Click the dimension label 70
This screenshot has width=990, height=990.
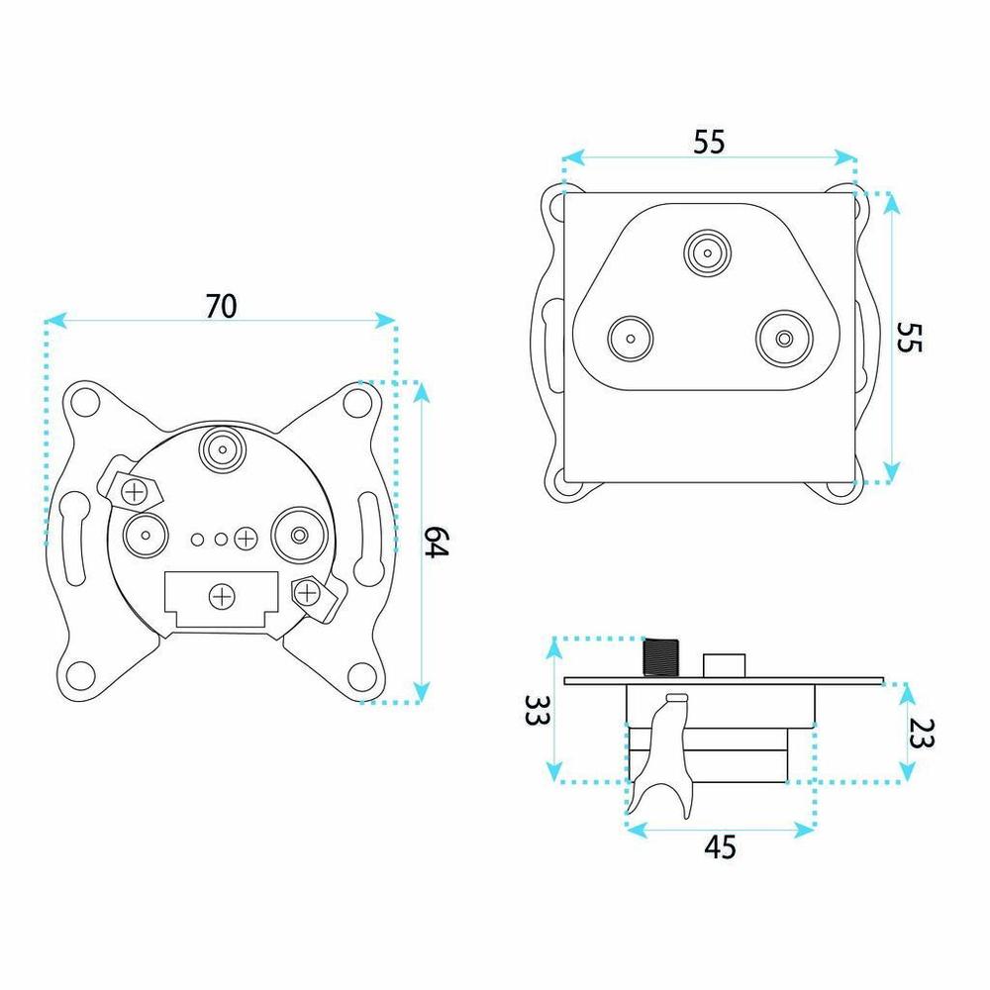(x=221, y=306)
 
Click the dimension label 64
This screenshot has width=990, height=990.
(x=435, y=542)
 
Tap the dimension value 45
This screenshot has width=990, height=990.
(x=720, y=847)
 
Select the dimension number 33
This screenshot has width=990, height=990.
(x=537, y=710)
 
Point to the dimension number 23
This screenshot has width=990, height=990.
(x=920, y=733)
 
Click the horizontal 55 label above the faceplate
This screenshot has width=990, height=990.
(x=709, y=142)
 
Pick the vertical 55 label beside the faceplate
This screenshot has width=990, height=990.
(x=909, y=338)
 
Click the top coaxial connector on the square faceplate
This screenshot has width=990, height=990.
(x=707, y=253)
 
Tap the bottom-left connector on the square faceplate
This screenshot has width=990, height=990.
(x=630, y=339)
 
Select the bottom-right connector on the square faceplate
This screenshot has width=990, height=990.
(x=784, y=339)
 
